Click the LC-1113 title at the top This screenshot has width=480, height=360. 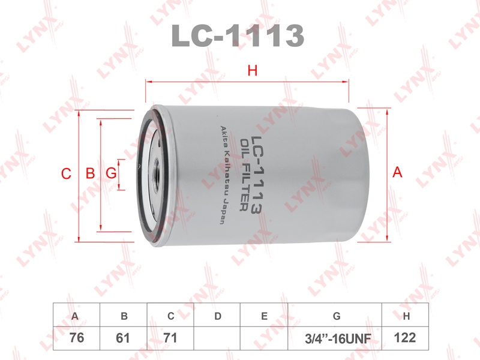238,35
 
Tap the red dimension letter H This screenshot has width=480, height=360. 253,71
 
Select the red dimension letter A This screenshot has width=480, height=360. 397,172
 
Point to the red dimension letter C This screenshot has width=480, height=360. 66,173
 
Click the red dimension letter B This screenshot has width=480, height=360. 91,173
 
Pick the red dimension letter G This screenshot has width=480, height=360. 111,173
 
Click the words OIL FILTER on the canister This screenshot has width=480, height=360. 244,175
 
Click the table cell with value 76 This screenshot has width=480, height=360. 77,338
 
